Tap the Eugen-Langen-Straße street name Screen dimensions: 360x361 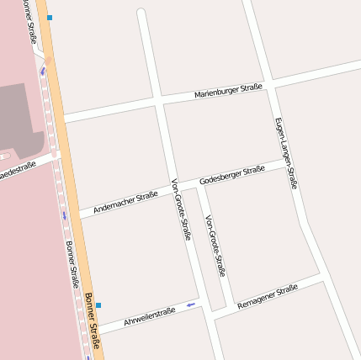286,152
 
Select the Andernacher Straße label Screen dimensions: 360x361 125,201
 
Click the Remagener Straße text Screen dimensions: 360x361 268,296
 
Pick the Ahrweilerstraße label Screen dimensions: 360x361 149,316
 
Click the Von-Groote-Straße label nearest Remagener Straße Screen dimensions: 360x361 215,245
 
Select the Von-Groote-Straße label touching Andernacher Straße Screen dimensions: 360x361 180,209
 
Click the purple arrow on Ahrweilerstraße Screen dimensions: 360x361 191,304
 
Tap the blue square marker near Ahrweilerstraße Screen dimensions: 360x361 98,304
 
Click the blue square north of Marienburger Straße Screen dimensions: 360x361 50,17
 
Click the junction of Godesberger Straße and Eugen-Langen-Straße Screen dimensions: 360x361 287,160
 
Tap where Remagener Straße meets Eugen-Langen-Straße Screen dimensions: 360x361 323,274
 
